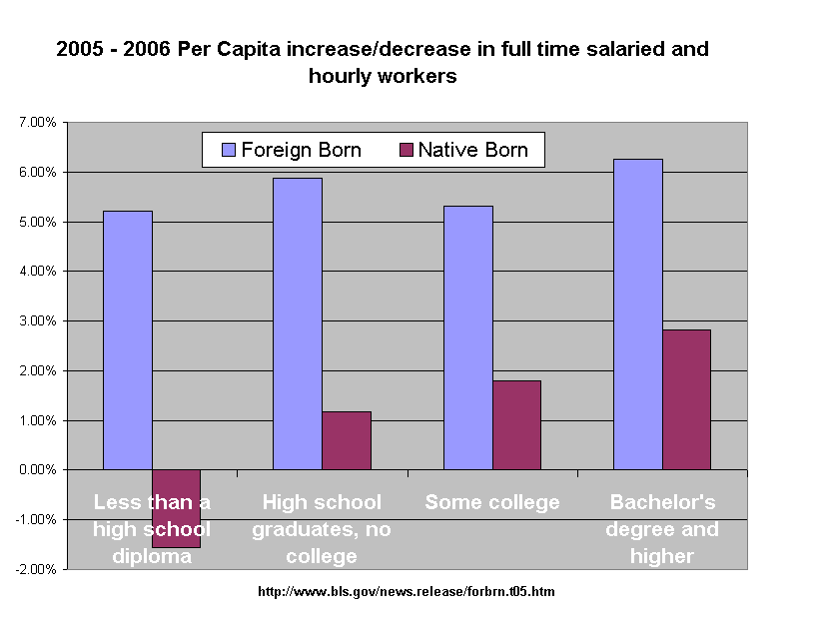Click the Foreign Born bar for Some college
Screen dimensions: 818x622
point(468,337)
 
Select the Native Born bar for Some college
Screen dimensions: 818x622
point(517,425)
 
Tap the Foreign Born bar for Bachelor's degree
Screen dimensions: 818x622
point(638,314)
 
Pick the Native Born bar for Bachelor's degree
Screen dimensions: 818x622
point(686,400)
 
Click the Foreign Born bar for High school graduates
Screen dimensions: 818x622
point(298,323)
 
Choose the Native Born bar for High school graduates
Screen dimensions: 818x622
point(347,440)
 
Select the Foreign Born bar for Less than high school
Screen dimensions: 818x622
point(128,340)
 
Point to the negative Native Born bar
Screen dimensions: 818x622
point(177,508)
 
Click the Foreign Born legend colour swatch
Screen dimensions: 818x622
point(229,150)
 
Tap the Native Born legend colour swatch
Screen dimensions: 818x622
point(406,150)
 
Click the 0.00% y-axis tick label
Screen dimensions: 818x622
point(38,470)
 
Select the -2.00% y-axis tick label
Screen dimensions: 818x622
point(36,569)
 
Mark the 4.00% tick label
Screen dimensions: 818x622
point(38,272)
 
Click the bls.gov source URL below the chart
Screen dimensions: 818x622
point(407,592)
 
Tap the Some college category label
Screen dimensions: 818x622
point(492,502)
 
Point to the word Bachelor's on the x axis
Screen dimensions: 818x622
point(662,502)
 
